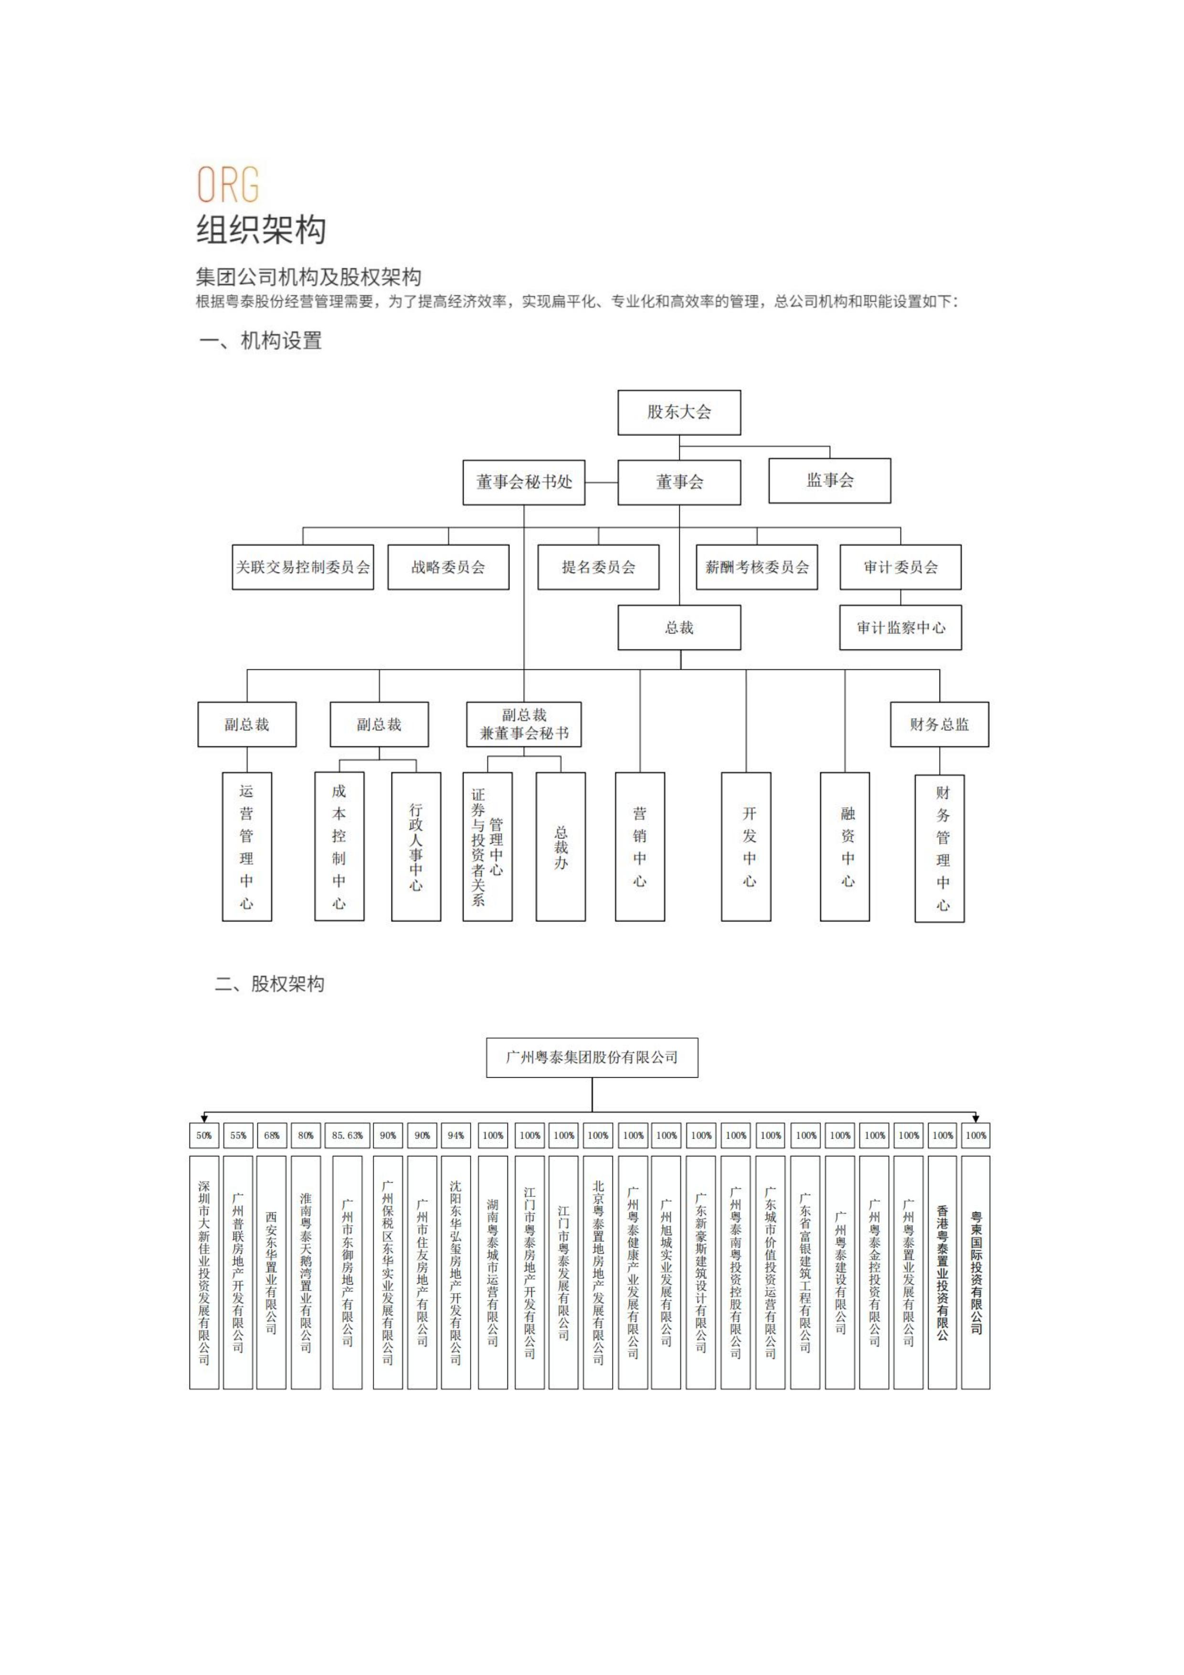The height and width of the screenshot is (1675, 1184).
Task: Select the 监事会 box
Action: [829, 480]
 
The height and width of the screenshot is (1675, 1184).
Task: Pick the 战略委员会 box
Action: [448, 567]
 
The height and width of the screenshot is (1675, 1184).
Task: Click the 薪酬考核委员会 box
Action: [757, 567]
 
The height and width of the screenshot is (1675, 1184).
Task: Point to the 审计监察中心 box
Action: [900, 627]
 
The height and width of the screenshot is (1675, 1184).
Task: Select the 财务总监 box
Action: [939, 724]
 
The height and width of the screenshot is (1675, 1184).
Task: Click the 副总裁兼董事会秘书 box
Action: [524, 724]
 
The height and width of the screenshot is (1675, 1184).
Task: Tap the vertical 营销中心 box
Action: [640, 846]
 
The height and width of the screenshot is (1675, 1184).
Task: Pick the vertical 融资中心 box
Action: [845, 846]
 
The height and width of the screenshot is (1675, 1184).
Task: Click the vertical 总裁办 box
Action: [560, 846]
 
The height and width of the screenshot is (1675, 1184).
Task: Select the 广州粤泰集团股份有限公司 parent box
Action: [592, 1057]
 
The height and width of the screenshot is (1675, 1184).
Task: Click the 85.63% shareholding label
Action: [347, 1135]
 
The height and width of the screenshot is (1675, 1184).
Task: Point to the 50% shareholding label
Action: [204, 1135]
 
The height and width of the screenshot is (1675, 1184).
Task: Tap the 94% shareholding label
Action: [456, 1135]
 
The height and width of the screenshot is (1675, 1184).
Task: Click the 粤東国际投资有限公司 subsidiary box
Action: [975, 1272]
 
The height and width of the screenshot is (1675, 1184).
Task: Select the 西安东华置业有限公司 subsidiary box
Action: [271, 1272]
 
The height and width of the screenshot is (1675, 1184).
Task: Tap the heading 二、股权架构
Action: [269, 984]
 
